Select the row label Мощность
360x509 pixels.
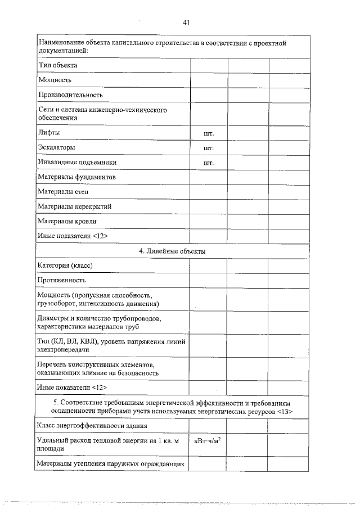[55, 80]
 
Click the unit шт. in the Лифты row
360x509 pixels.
[208, 133]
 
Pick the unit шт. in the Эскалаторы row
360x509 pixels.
[208, 148]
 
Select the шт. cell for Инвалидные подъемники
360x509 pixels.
[208, 163]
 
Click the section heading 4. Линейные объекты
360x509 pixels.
[172, 251]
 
